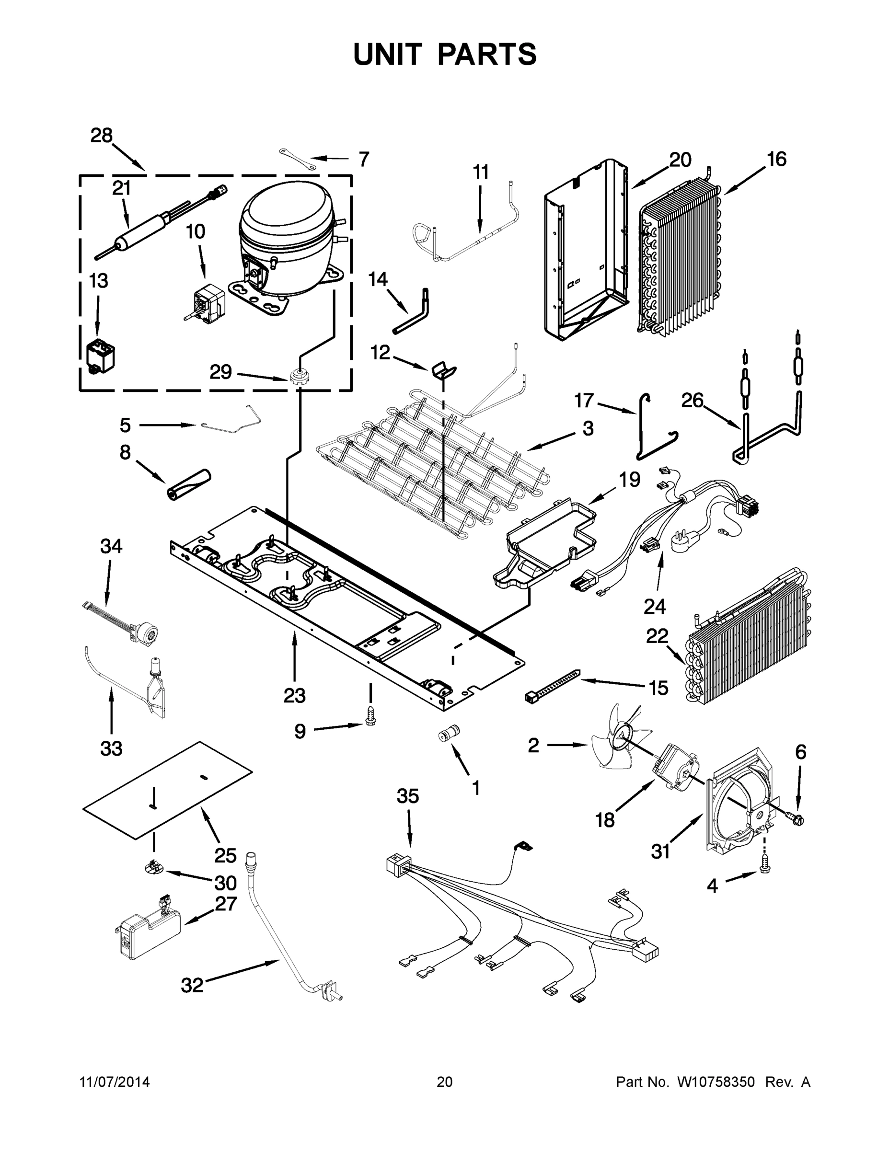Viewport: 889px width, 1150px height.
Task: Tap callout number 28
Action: click(101, 136)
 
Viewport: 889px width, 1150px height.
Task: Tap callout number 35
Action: click(408, 796)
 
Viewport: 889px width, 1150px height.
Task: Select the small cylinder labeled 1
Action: click(449, 733)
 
